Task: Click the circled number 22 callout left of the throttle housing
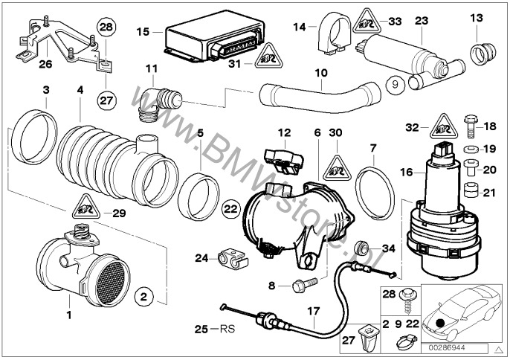230,210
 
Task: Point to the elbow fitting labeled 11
158,102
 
